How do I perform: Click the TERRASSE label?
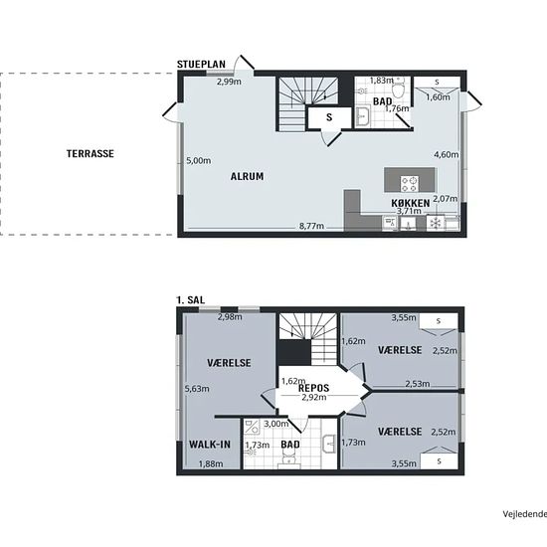click(x=91, y=154)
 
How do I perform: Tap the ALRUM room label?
click(x=247, y=176)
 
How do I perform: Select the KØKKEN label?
click(x=410, y=203)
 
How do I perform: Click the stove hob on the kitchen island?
click(x=410, y=184)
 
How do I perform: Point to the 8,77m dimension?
click(x=311, y=226)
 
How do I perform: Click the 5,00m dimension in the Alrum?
click(x=199, y=161)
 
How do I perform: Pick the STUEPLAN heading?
click(x=201, y=65)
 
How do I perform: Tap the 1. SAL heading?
click(x=191, y=300)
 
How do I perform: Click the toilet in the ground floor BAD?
click(x=398, y=88)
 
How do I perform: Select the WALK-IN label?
click(x=210, y=445)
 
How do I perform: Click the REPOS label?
click(x=313, y=388)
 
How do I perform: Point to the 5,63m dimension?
click(x=197, y=389)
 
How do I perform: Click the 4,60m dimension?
click(x=447, y=154)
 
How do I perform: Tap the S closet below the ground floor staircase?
click(x=329, y=118)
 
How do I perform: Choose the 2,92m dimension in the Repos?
click(x=314, y=397)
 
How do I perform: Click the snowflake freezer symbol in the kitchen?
click(x=435, y=223)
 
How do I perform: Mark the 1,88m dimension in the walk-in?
click(x=211, y=464)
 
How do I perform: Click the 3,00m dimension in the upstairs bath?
click(x=276, y=424)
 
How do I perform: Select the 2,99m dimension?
click(x=229, y=82)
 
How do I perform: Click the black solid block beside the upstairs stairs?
click(x=293, y=352)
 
